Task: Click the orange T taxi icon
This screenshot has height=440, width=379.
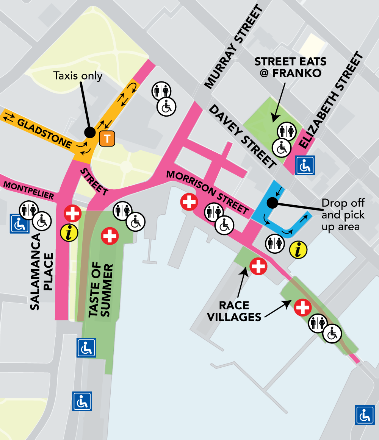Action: (x=107, y=139)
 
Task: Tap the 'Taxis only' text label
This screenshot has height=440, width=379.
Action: (x=78, y=76)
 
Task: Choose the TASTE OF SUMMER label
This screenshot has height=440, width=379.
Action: (x=101, y=289)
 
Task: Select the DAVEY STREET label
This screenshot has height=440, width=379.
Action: (x=243, y=137)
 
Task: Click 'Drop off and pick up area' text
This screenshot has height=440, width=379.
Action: (x=343, y=215)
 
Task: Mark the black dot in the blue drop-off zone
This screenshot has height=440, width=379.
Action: (x=272, y=203)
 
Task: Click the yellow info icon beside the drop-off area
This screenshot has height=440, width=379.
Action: (x=298, y=250)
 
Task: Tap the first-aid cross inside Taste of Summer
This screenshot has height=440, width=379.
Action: (x=110, y=236)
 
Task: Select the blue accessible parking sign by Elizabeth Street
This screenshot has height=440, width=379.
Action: (x=305, y=165)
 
